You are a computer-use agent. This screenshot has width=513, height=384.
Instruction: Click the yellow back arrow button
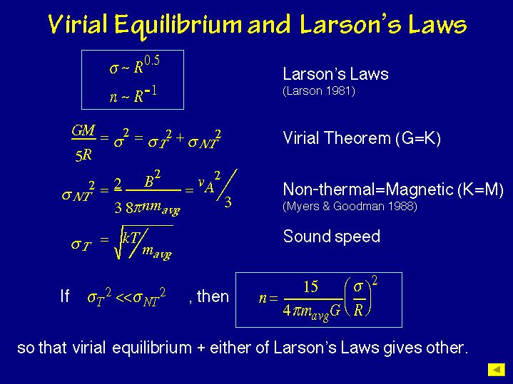tap(495, 369)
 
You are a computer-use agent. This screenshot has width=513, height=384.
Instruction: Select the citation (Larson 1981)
tap(319, 91)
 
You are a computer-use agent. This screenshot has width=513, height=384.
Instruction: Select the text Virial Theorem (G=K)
tap(362, 138)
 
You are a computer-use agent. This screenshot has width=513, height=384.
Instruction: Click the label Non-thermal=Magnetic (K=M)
tap(393, 190)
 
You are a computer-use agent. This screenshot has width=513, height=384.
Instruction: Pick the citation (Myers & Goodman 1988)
tap(350, 207)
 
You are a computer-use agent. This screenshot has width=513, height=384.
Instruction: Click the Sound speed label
tap(331, 237)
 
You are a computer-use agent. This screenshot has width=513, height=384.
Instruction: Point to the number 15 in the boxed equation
tap(310, 286)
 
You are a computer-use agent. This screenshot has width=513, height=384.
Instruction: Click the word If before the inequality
tap(65, 296)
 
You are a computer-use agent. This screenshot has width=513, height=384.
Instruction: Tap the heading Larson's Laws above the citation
tap(335, 74)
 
